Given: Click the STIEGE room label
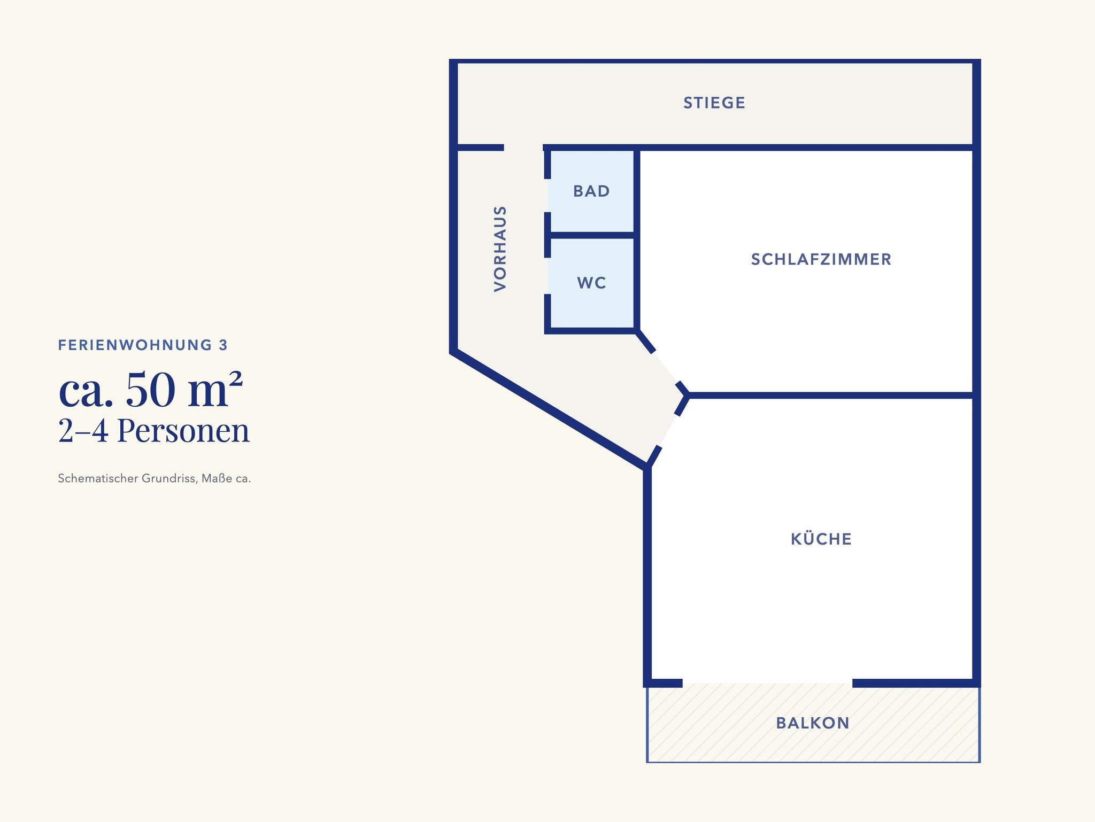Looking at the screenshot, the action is click(714, 103).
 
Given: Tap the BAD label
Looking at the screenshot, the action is click(591, 191).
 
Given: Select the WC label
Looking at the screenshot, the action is click(591, 283).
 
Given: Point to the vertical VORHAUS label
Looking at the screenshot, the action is click(500, 249).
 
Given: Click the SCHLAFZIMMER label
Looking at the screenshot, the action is click(821, 259).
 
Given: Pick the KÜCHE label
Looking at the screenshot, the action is click(821, 538).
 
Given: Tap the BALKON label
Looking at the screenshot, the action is click(813, 723).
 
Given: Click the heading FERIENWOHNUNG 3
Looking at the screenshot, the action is click(143, 345).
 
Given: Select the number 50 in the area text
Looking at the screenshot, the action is click(151, 390).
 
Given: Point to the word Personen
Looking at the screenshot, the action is click(183, 431).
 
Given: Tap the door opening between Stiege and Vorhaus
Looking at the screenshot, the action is click(523, 148).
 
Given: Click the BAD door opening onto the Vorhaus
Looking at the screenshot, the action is click(547, 195).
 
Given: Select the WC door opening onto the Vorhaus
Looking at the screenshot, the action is click(547, 276).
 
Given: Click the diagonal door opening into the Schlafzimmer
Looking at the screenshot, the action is click(666, 369).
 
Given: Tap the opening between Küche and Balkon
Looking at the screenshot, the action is click(767, 683).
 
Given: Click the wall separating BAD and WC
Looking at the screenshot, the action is click(592, 236).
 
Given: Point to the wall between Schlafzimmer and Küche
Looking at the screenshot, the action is click(830, 396).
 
